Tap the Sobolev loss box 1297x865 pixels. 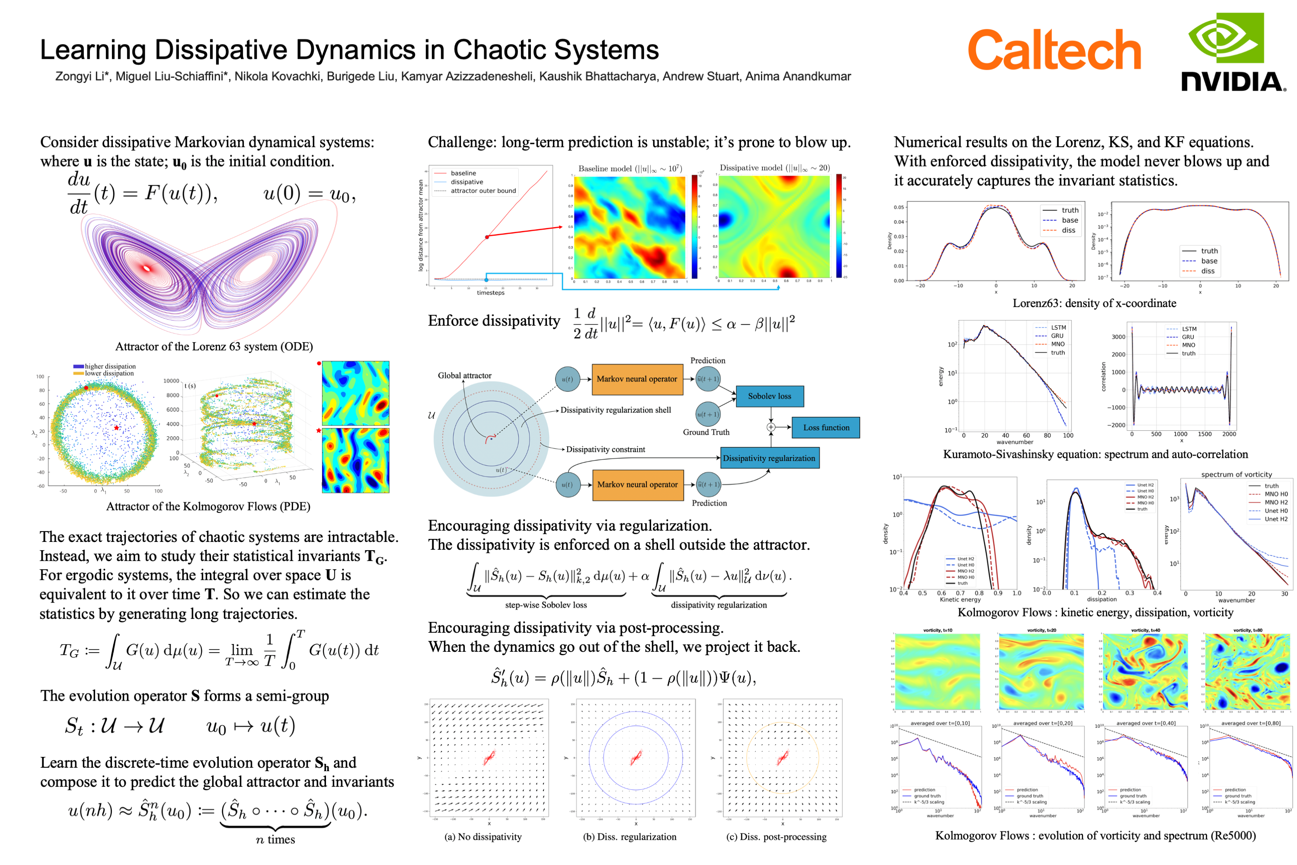[769, 396]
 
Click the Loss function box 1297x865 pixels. [825, 428]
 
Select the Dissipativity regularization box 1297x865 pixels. [769, 458]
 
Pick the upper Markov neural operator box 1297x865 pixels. [637, 379]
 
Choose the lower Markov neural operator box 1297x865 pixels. [637, 484]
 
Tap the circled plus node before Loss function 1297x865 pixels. [771, 427]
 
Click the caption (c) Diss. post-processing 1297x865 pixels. [776, 837]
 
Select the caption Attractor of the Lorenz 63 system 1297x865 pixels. [214, 346]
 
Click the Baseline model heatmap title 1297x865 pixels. [630, 168]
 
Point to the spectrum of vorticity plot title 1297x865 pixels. [1236, 474]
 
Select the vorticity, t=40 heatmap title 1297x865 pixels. [1145, 630]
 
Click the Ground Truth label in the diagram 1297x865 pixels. [706, 432]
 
